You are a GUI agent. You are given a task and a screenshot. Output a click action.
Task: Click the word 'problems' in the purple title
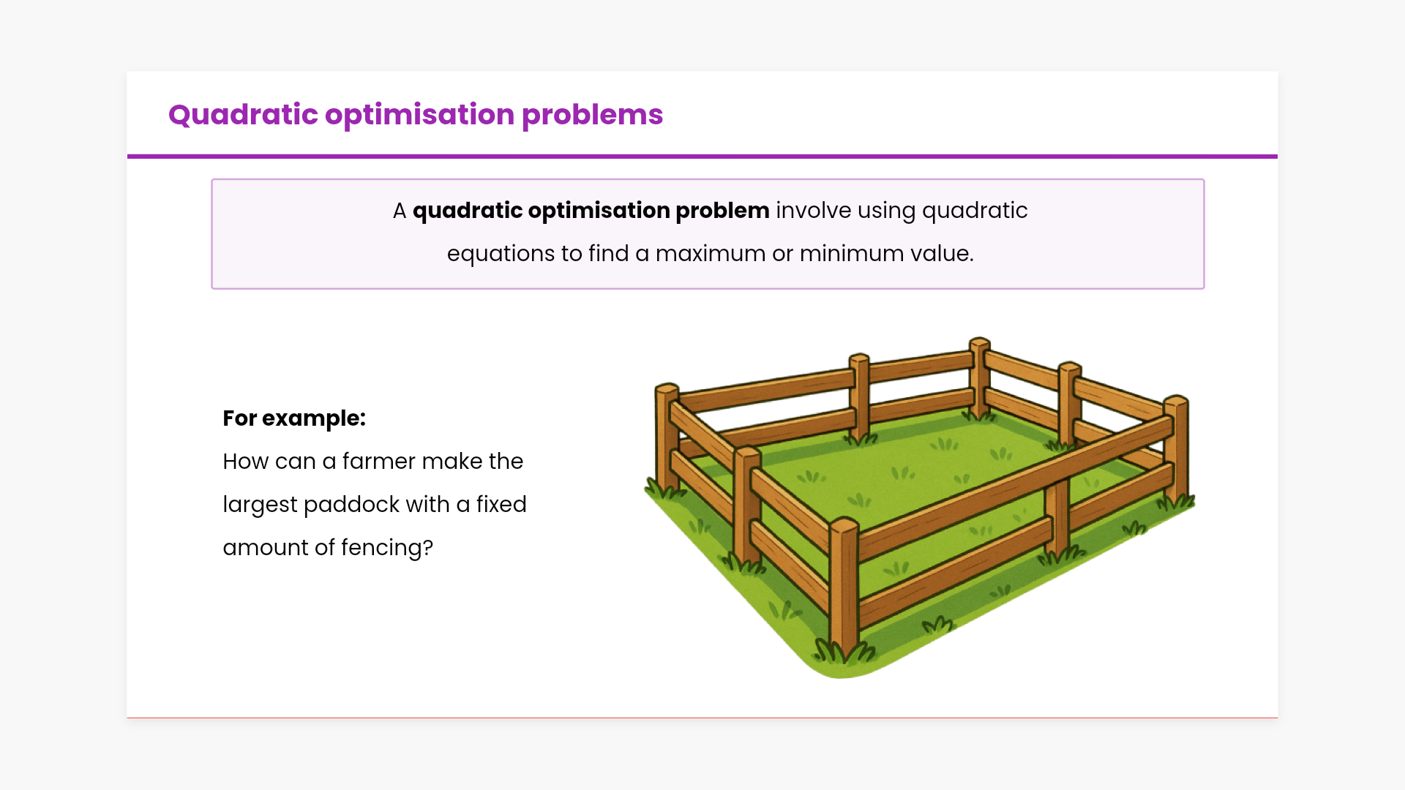(592, 116)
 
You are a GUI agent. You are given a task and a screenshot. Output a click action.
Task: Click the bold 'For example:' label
(294, 418)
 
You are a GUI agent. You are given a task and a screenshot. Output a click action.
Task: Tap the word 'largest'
(260, 505)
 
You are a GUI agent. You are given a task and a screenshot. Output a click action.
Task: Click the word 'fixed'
(501, 505)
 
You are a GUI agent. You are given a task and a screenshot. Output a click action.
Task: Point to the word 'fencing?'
(387, 548)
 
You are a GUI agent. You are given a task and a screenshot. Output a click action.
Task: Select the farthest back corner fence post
(980, 377)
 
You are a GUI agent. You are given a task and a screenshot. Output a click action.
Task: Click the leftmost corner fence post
(667, 436)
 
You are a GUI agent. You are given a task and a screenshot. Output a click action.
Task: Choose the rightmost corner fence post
(1176, 450)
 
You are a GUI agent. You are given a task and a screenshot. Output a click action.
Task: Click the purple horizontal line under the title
(702, 157)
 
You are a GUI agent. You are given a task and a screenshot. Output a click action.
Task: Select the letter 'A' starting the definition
(400, 211)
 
